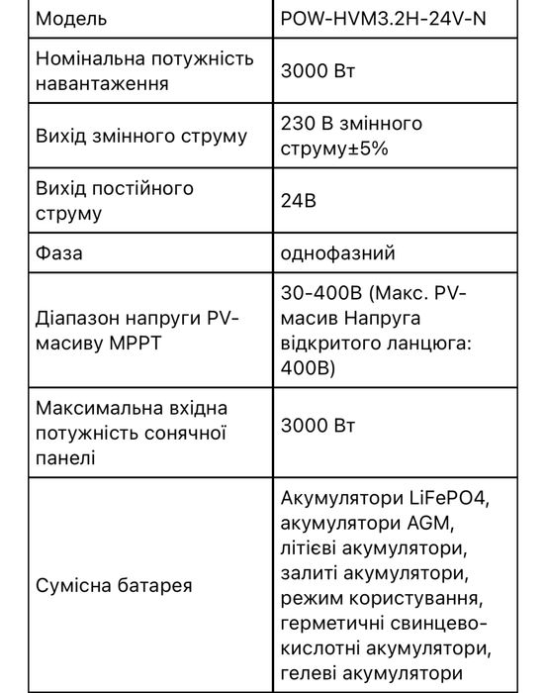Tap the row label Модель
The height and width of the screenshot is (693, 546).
coord(71,19)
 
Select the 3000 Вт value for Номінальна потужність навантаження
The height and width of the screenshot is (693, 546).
coord(317,71)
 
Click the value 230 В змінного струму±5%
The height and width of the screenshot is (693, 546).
coord(351,136)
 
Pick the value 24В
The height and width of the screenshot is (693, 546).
coord(299,200)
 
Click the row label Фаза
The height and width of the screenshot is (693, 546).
coord(59,252)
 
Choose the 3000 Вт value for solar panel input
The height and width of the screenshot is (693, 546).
coord(317,426)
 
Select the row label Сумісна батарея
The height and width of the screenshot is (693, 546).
coord(114,586)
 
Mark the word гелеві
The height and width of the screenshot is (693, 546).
coord(315,674)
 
